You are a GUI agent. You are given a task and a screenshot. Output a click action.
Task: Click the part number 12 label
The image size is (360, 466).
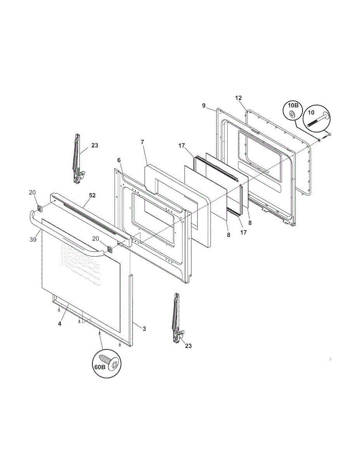pos(238,98)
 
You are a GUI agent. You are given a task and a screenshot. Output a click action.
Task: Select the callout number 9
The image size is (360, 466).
pos(203,106)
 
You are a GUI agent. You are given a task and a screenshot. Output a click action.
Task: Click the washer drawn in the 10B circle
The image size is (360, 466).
pos(292,115)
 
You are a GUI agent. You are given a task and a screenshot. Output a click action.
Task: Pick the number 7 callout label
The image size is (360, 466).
pos(143,142)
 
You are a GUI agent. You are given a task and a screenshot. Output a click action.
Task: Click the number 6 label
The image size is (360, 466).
pos(119,160)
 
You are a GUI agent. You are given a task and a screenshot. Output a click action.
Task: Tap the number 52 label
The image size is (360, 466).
pos(92,195)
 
